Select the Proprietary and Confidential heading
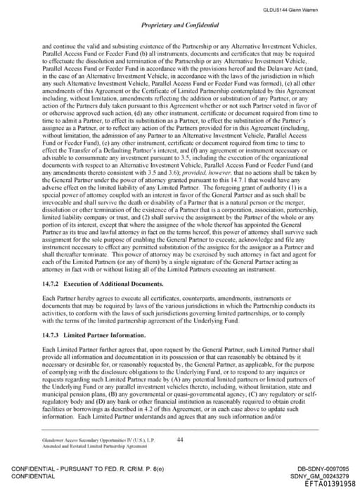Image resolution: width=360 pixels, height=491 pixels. pyautogui.click(x=179, y=25)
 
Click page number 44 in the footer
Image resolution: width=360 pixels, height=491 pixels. pyautogui.click(x=180, y=439)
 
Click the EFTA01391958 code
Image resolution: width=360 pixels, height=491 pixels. pyautogui.click(x=325, y=483)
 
